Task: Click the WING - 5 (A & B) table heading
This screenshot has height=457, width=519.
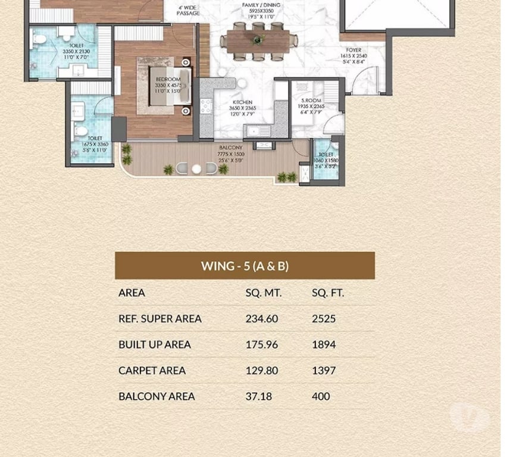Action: click(x=245, y=265)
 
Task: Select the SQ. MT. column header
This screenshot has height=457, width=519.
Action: click(x=263, y=293)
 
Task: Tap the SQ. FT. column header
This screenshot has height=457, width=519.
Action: click(x=328, y=293)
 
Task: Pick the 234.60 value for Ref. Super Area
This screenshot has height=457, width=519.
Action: click(x=261, y=318)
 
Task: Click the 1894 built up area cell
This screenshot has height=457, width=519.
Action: click(x=324, y=345)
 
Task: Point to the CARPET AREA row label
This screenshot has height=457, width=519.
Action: click(x=152, y=370)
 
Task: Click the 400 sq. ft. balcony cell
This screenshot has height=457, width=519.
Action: click(x=321, y=396)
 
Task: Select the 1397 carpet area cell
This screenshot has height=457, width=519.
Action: click(x=324, y=370)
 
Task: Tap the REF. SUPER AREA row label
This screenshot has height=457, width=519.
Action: click(x=160, y=318)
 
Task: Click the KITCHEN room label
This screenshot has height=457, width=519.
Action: click(x=242, y=102)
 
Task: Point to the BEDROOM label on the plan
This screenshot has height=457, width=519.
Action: click(x=168, y=79)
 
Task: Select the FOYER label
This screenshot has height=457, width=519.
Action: click(x=354, y=51)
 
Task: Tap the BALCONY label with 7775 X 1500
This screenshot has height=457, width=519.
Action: click(x=230, y=148)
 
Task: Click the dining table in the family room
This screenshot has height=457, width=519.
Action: click(x=258, y=42)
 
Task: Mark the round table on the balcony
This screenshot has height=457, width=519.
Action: click(x=196, y=169)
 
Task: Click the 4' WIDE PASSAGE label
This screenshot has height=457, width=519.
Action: click(x=188, y=10)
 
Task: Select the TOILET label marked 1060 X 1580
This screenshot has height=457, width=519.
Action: click(x=325, y=155)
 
